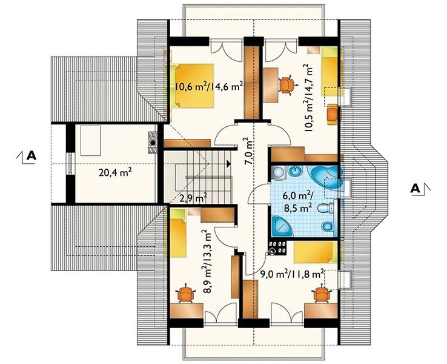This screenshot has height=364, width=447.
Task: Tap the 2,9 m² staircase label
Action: pyautogui.click(x=193, y=197)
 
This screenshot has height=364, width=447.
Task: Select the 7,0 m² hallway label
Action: pyautogui.click(x=248, y=151)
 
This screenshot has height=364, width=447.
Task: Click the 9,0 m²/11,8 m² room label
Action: pyautogui.click(x=292, y=274)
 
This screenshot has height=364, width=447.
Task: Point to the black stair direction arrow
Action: pyautogui.click(x=228, y=164)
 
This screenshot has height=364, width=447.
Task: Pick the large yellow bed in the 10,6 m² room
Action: pyautogui.click(x=194, y=86)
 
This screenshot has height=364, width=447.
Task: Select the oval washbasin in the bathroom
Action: pyautogui.click(x=296, y=172)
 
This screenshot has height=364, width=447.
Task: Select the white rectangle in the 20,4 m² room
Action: pyautogui.click(x=91, y=141)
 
